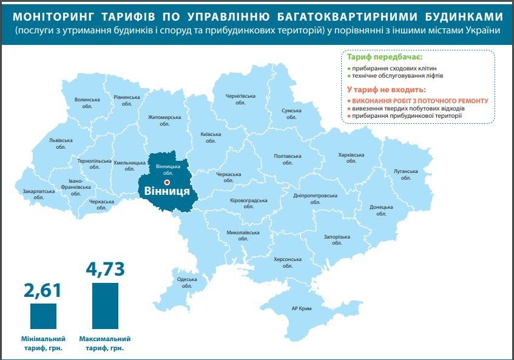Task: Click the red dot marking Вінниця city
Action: (x=167, y=182)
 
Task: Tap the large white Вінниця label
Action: (x=167, y=191)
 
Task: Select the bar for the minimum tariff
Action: (x=43, y=316)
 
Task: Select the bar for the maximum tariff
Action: (x=105, y=305)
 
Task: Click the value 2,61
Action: (x=42, y=290)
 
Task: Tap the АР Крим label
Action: (x=302, y=309)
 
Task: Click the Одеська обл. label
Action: (x=186, y=282)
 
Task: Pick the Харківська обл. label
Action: (x=351, y=158)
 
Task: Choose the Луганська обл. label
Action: (x=406, y=174)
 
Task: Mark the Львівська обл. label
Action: (x=61, y=143)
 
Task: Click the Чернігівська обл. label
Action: (x=240, y=99)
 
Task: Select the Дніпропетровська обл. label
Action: (x=315, y=199)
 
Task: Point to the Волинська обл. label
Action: (x=87, y=103)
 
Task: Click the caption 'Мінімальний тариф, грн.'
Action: (x=42, y=343)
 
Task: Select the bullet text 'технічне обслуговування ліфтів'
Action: (x=397, y=76)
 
